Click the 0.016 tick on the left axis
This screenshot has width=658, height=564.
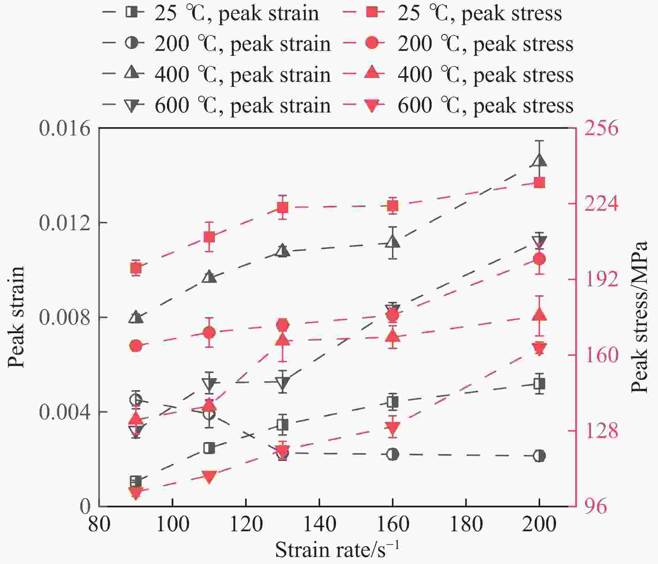[x=60, y=128]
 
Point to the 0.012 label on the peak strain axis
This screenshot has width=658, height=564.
[x=60, y=223]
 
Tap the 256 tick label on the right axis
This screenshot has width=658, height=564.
[x=601, y=128]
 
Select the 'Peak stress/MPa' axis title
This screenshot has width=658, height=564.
[x=640, y=317]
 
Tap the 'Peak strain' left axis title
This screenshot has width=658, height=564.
[x=16, y=317]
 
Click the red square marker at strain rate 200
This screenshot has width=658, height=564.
[x=539, y=183]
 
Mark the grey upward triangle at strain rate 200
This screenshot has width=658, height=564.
[x=539, y=161]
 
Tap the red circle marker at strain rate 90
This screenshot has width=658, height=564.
[x=136, y=346]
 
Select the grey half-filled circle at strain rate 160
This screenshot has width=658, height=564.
[x=393, y=454]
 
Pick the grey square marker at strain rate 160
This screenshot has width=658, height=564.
[x=393, y=402]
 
